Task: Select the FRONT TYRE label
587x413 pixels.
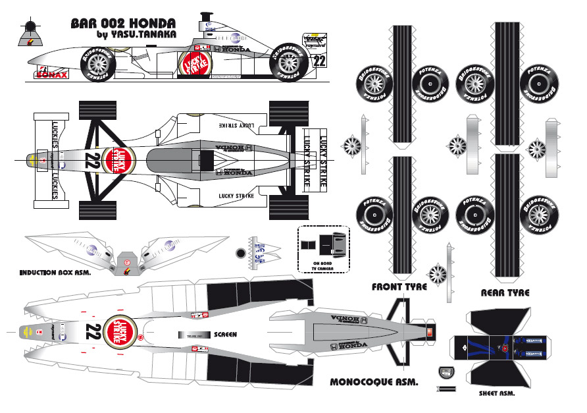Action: pos(399,287)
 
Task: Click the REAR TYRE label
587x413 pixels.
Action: pos(505,292)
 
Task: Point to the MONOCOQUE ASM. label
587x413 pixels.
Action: pos(374,381)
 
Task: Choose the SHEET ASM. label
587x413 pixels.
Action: pos(496,394)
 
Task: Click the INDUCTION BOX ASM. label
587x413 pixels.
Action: pos(55,272)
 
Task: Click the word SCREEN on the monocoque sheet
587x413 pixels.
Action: pos(225,335)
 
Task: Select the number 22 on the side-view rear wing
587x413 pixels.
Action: pos(320,61)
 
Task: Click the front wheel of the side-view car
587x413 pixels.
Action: pos(97,64)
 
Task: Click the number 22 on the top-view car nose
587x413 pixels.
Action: pos(93,161)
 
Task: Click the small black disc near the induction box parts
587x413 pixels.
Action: pos(240,253)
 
